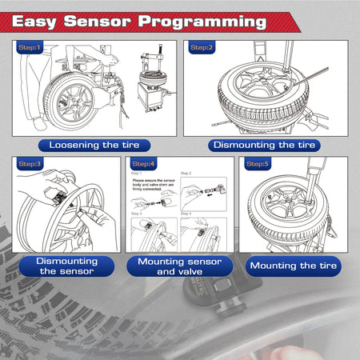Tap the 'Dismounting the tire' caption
tap(263, 145)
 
